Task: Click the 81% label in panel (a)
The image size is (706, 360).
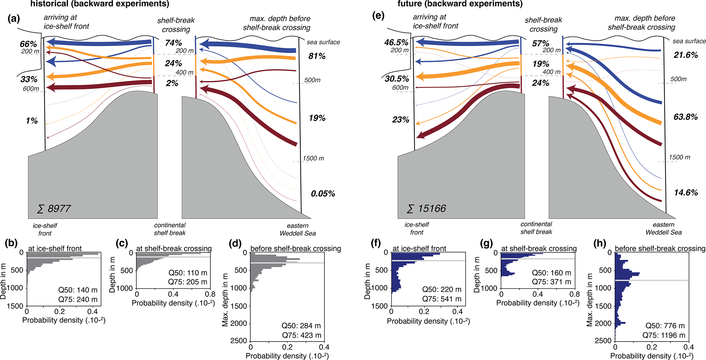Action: tap(317, 56)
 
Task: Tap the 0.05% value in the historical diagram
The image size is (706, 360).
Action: tap(323, 194)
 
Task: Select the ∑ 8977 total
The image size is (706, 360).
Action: tap(54, 209)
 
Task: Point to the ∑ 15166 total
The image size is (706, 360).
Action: tap(426, 208)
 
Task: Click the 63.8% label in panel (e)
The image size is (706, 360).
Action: tap(686, 117)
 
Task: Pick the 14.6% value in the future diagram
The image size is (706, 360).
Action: tap(686, 193)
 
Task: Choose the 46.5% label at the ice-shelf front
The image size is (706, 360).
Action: tap(396, 43)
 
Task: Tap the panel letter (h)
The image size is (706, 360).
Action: tap(600, 244)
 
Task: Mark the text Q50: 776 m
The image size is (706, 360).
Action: tap(665, 326)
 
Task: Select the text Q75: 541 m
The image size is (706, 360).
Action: tap(442, 299)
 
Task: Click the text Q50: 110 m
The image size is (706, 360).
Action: tap(188, 273)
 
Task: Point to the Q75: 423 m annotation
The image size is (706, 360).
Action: tap(302, 335)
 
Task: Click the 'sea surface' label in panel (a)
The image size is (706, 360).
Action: tap(323, 42)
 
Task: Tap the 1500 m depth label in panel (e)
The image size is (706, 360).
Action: tap(679, 157)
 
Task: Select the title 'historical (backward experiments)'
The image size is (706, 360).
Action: tap(100, 4)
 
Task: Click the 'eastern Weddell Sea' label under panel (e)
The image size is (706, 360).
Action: tap(663, 229)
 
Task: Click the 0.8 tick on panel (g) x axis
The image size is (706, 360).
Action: tap(575, 294)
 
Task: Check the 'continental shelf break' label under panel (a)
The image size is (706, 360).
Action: tap(170, 229)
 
